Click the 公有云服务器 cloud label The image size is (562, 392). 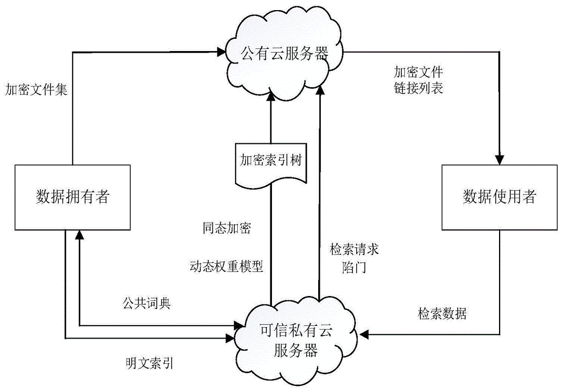(x=284, y=54)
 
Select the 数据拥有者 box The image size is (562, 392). (x=72, y=197)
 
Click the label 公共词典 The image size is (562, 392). (x=147, y=304)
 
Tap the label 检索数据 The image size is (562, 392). (x=442, y=313)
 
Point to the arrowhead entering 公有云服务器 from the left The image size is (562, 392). (x=220, y=53)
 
